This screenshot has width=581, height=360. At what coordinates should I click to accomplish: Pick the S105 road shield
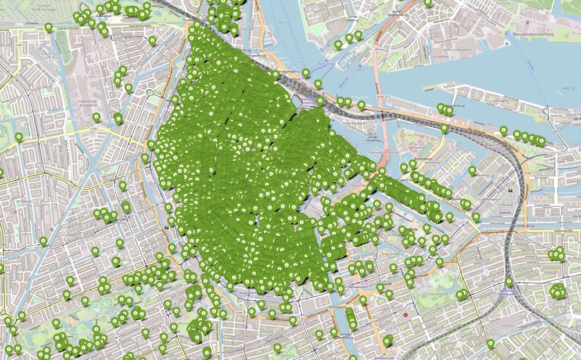click(x=95, y=129)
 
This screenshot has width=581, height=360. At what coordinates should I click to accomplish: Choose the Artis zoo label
click(x=413, y=228)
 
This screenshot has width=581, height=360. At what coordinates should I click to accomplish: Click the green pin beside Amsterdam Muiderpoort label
click(x=509, y=282)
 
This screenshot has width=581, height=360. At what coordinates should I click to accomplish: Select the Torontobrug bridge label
click(x=350, y=307)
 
